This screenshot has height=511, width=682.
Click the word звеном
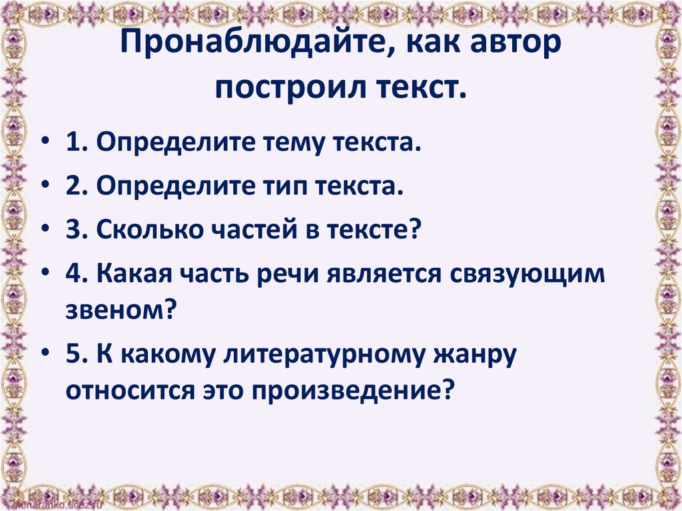tap(119, 309)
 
